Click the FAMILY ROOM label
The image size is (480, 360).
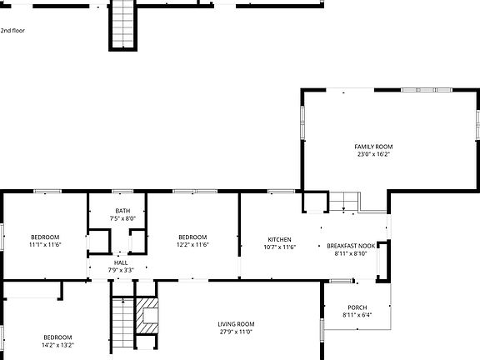(372, 146)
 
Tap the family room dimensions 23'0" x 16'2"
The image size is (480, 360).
(372, 154)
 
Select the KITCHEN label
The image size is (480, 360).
(279, 238)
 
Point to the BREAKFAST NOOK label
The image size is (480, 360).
(351, 246)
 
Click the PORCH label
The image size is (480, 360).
(357, 307)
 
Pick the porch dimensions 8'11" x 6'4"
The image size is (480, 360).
(357, 315)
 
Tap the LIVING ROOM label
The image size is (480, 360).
(236, 324)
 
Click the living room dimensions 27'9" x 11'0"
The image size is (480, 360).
(236, 332)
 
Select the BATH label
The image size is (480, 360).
(122, 211)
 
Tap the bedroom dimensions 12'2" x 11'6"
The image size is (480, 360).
(192, 245)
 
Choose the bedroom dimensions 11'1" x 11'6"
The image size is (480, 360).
(45, 245)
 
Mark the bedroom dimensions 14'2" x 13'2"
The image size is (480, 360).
(57, 345)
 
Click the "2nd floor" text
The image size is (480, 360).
(12, 30)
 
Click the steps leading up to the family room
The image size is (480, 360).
(342, 202)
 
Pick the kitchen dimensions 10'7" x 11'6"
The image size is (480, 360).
(279, 247)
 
